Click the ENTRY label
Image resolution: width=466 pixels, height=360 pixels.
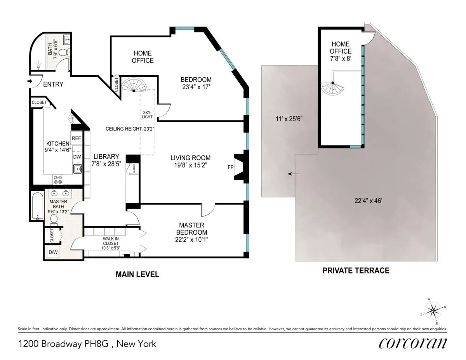pyautogui.click(x=53, y=84)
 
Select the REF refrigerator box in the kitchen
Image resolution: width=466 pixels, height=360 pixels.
pyautogui.click(x=76, y=138)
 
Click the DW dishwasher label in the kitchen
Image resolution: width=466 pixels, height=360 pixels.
pyautogui.click(x=77, y=157)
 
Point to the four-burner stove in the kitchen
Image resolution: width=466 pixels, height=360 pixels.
pyautogui.click(x=58, y=179)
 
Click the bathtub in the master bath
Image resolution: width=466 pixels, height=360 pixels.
pyautogui.click(x=37, y=205)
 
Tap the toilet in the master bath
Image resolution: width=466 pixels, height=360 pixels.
pyautogui.click(x=54, y=219)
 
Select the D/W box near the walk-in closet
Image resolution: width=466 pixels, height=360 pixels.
pyautogui.click(x=52, y=253)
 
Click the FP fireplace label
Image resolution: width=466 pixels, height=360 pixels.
pyautogui.click(x=230, y=168)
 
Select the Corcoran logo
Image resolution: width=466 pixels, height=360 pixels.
pyautogui.click(x=412, y=344)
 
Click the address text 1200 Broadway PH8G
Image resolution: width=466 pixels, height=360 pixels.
pyautogui.click(x=87, y=344)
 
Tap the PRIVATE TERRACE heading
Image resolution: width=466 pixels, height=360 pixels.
pyautogui.click(x=356, y=270)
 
